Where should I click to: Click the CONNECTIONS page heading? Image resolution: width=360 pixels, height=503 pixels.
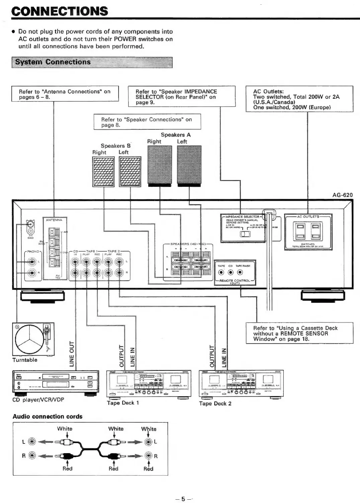[x=60, y=11]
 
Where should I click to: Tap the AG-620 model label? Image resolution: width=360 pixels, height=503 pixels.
[x=342, y=195]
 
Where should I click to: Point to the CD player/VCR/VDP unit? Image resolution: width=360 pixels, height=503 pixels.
[x=56, y=382]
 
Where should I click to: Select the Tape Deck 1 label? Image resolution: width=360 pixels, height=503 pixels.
[x=123, y=403]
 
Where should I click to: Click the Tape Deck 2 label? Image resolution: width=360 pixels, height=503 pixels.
[x=215, y=403]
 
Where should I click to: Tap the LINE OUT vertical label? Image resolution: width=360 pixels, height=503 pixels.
[x=72, y=354]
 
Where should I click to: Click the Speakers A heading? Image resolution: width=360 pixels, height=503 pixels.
[x=176, y=135]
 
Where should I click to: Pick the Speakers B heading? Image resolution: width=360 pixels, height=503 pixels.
[x=115, y=146]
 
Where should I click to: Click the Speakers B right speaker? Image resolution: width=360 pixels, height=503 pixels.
[x=103, y=172]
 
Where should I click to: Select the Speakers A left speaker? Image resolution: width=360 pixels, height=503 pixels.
[x=189, y=165]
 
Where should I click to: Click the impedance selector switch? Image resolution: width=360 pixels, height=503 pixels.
[x=245, y=234]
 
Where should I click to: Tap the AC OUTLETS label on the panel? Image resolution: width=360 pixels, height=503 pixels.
[x=308, y=217]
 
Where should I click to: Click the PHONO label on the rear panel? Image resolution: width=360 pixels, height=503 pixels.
[x=33, y=251]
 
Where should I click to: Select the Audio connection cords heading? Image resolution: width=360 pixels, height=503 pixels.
[x=48, y=417]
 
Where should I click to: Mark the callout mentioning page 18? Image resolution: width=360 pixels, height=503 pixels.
[x=299, y=333]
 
